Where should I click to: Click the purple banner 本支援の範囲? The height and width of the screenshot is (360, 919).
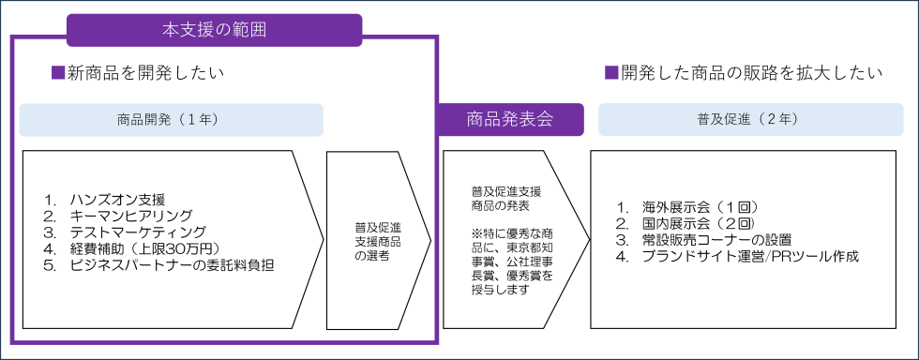click(214, 29)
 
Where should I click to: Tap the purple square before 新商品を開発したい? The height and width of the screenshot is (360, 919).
click(56, 72)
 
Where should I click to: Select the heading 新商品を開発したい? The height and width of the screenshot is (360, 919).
click(145, 72)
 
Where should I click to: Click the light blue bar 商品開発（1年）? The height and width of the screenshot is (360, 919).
click(172, 120)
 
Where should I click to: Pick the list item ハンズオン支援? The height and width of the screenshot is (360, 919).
click(117, 200)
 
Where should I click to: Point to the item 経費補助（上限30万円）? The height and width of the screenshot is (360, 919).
click(144, 248)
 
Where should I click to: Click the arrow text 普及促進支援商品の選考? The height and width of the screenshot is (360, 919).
click(377, 241)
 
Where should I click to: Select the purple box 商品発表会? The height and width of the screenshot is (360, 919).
click(510, 119)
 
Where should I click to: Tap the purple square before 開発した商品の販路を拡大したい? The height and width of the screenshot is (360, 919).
click(610, 72)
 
